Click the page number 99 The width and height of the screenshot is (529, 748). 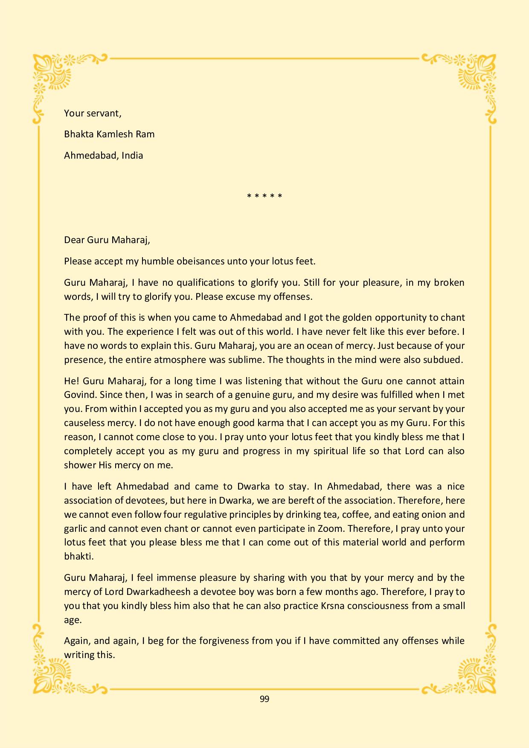(x=264, y=699)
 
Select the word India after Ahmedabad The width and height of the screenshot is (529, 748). (x=132, y=155)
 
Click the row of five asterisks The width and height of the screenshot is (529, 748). (x=264, y=197)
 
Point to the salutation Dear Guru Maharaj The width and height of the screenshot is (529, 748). (x=107, y=240)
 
